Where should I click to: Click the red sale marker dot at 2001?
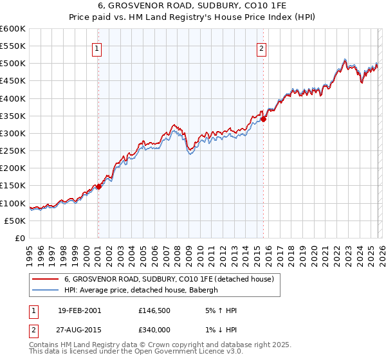(98, 187)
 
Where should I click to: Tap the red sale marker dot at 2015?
(264, 119)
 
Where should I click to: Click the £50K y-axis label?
(15, 221)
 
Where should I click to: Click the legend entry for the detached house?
(169, 279)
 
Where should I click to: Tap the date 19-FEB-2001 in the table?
(79, 310)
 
